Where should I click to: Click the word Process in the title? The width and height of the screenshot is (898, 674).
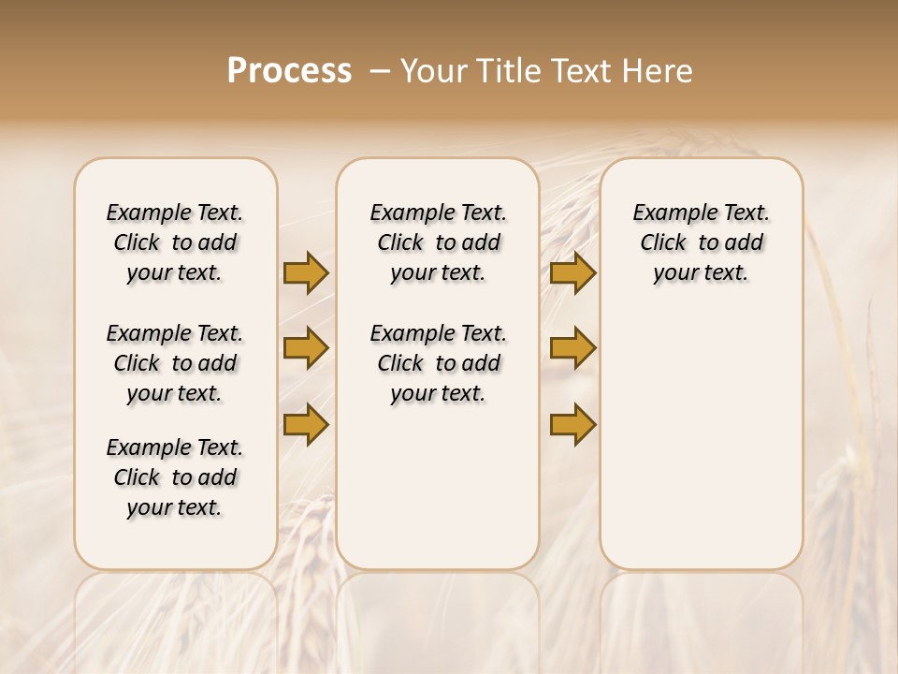pos(289,71)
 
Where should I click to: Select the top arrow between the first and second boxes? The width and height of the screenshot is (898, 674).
pos(306,272)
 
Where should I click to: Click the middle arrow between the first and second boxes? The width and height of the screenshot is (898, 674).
pos(306,348)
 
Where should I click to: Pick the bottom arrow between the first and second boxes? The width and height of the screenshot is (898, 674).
pos(306,424)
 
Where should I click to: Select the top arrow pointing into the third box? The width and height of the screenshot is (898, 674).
pos(572,272)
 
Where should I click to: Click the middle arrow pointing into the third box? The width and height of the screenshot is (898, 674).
pos(572,348)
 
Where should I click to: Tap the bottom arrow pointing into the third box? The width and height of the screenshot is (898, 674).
pos(572,424)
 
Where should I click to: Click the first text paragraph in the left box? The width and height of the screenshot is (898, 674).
pos(175,242)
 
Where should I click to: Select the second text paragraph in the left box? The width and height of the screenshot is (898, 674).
pos(175,363)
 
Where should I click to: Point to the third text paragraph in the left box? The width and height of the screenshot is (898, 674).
pos(175,477)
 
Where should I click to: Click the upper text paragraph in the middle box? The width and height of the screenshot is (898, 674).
pos(438,242)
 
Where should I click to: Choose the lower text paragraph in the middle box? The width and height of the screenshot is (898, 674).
pos(438,363)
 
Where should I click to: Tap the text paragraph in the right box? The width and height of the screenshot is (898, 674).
pos(701,242)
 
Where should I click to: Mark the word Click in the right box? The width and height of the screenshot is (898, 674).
pos(663,243)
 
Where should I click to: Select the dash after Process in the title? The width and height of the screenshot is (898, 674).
pos(379,71)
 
